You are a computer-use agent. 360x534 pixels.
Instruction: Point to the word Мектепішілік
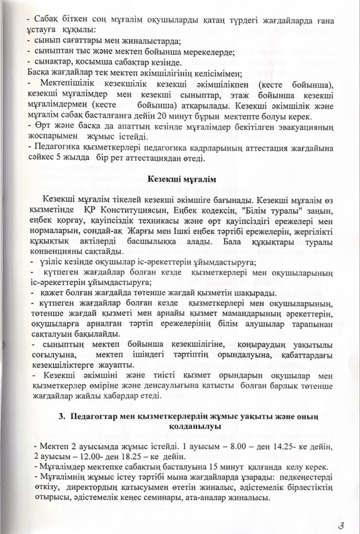63,85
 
